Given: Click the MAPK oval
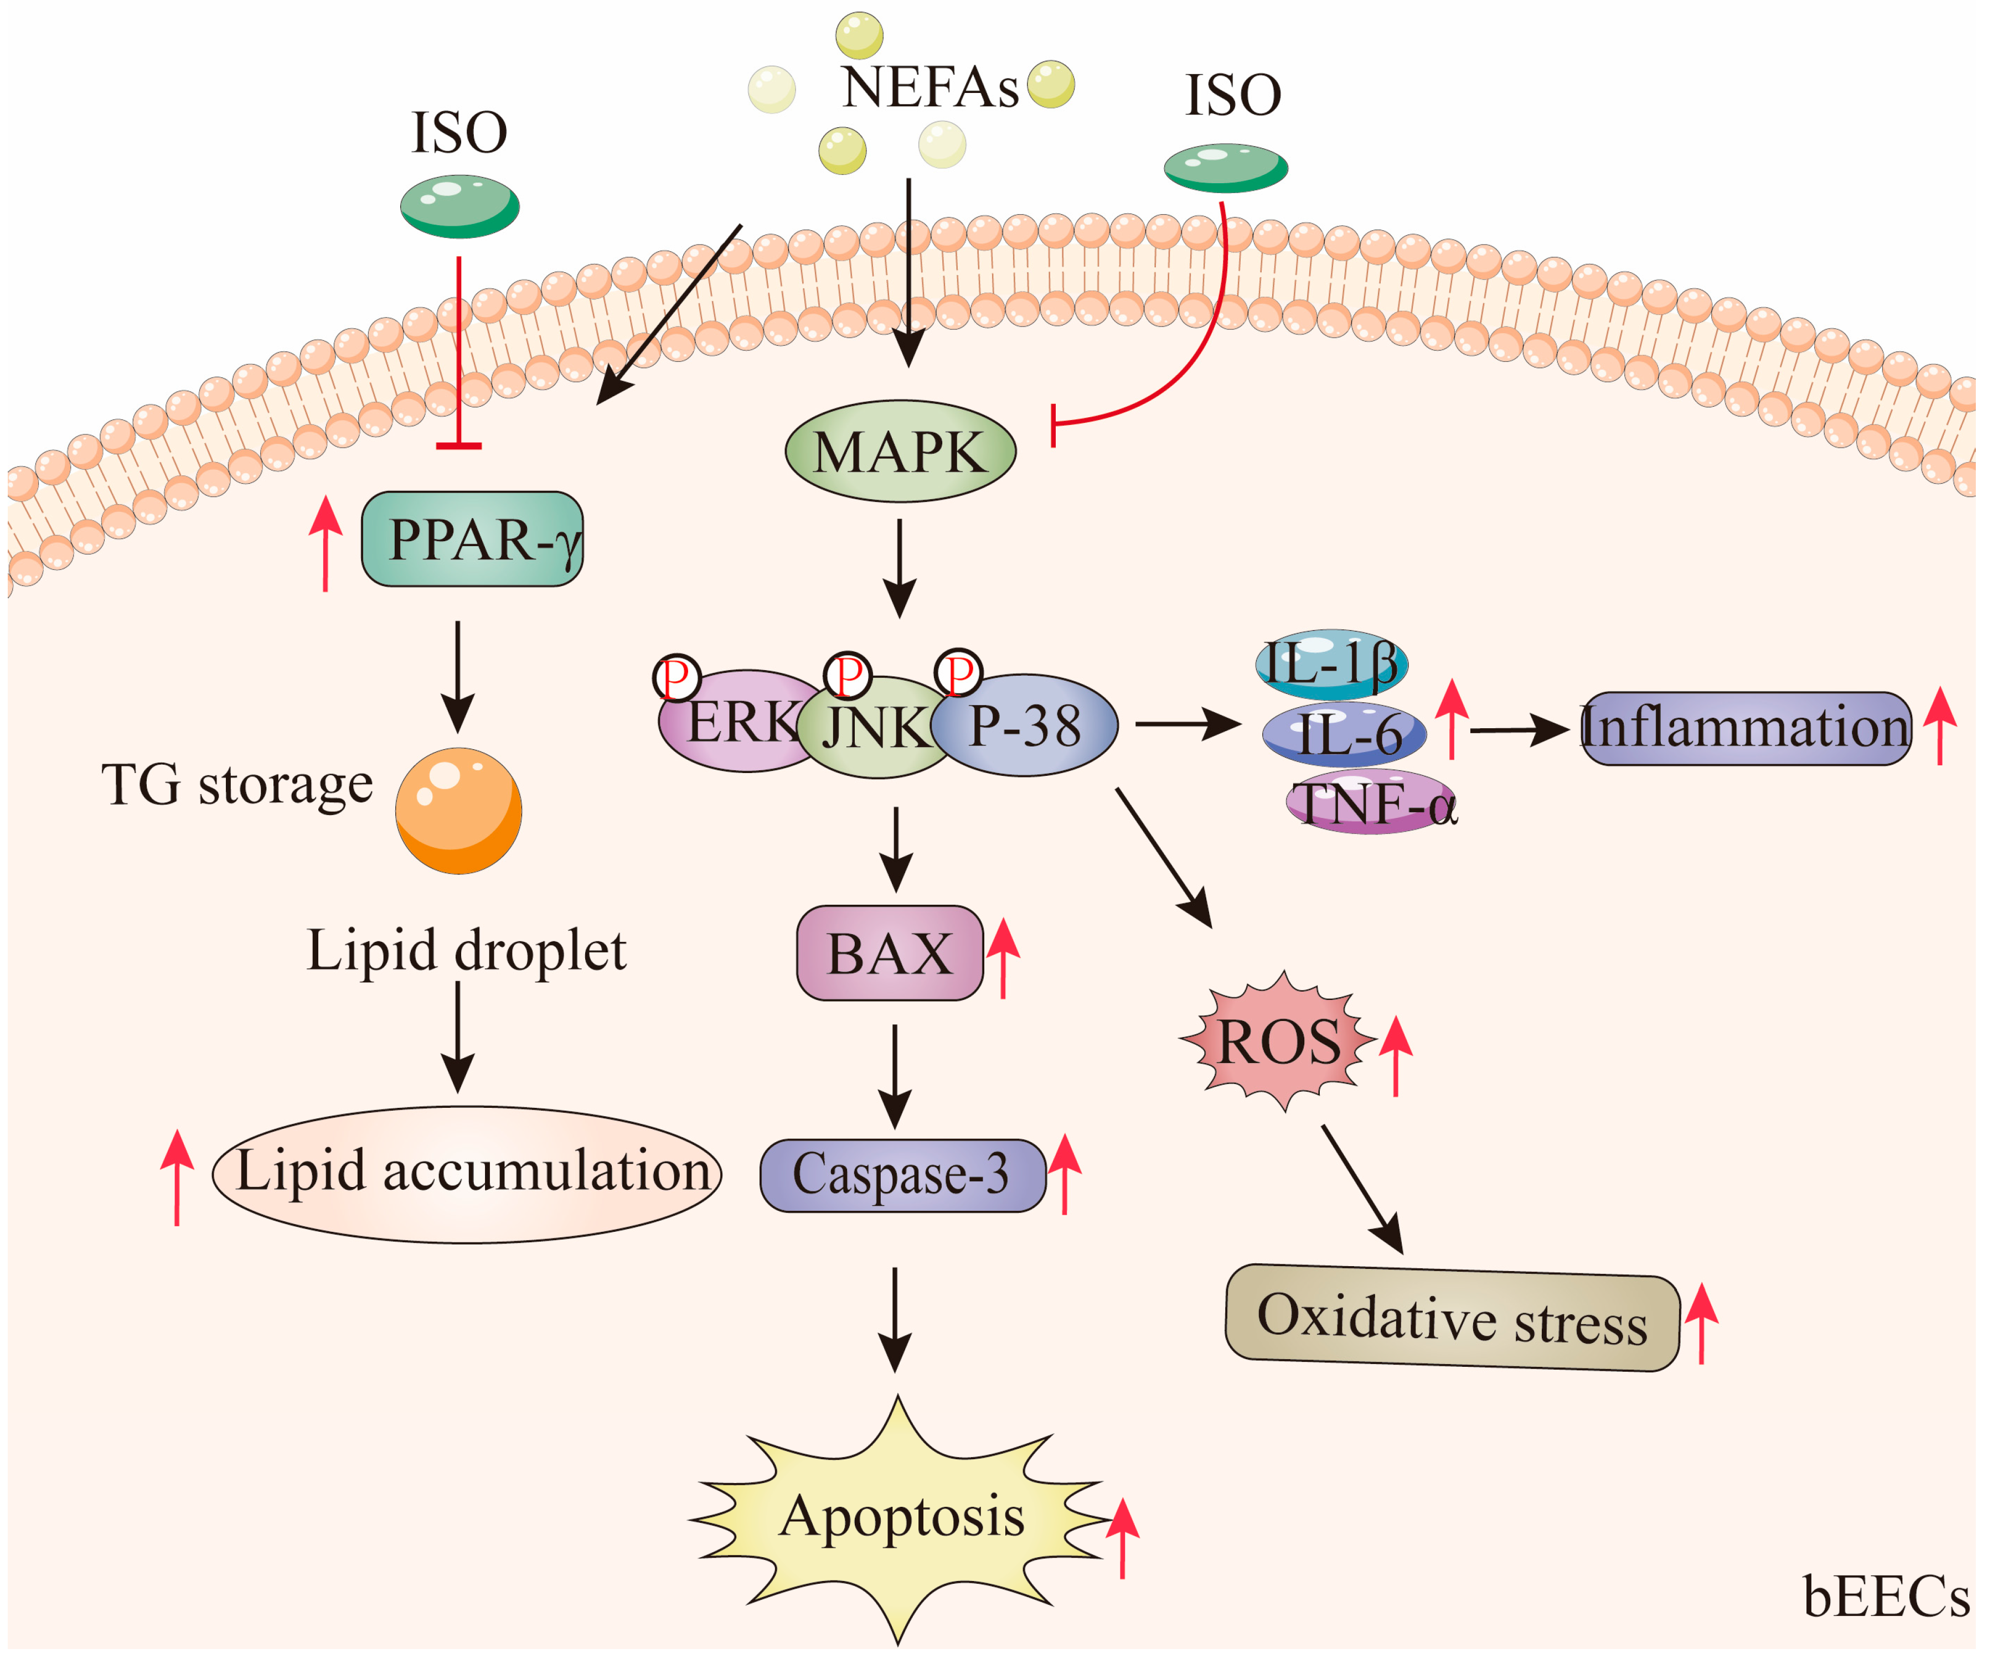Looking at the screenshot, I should click(900, 452).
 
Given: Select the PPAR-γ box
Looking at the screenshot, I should click(472, 539).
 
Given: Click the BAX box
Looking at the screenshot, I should click(889, 952).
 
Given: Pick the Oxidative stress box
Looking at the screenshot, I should click(1452, 1319).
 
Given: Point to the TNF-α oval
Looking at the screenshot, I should click(1371, 805).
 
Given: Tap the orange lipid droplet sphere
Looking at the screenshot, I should click(458, 811).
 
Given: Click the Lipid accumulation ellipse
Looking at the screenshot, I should click(467, 1174).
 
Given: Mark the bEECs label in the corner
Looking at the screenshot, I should click(1884, 1598).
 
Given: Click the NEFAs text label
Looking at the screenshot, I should click(930, 87).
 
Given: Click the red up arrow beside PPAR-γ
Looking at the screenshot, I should click(326, 543).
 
